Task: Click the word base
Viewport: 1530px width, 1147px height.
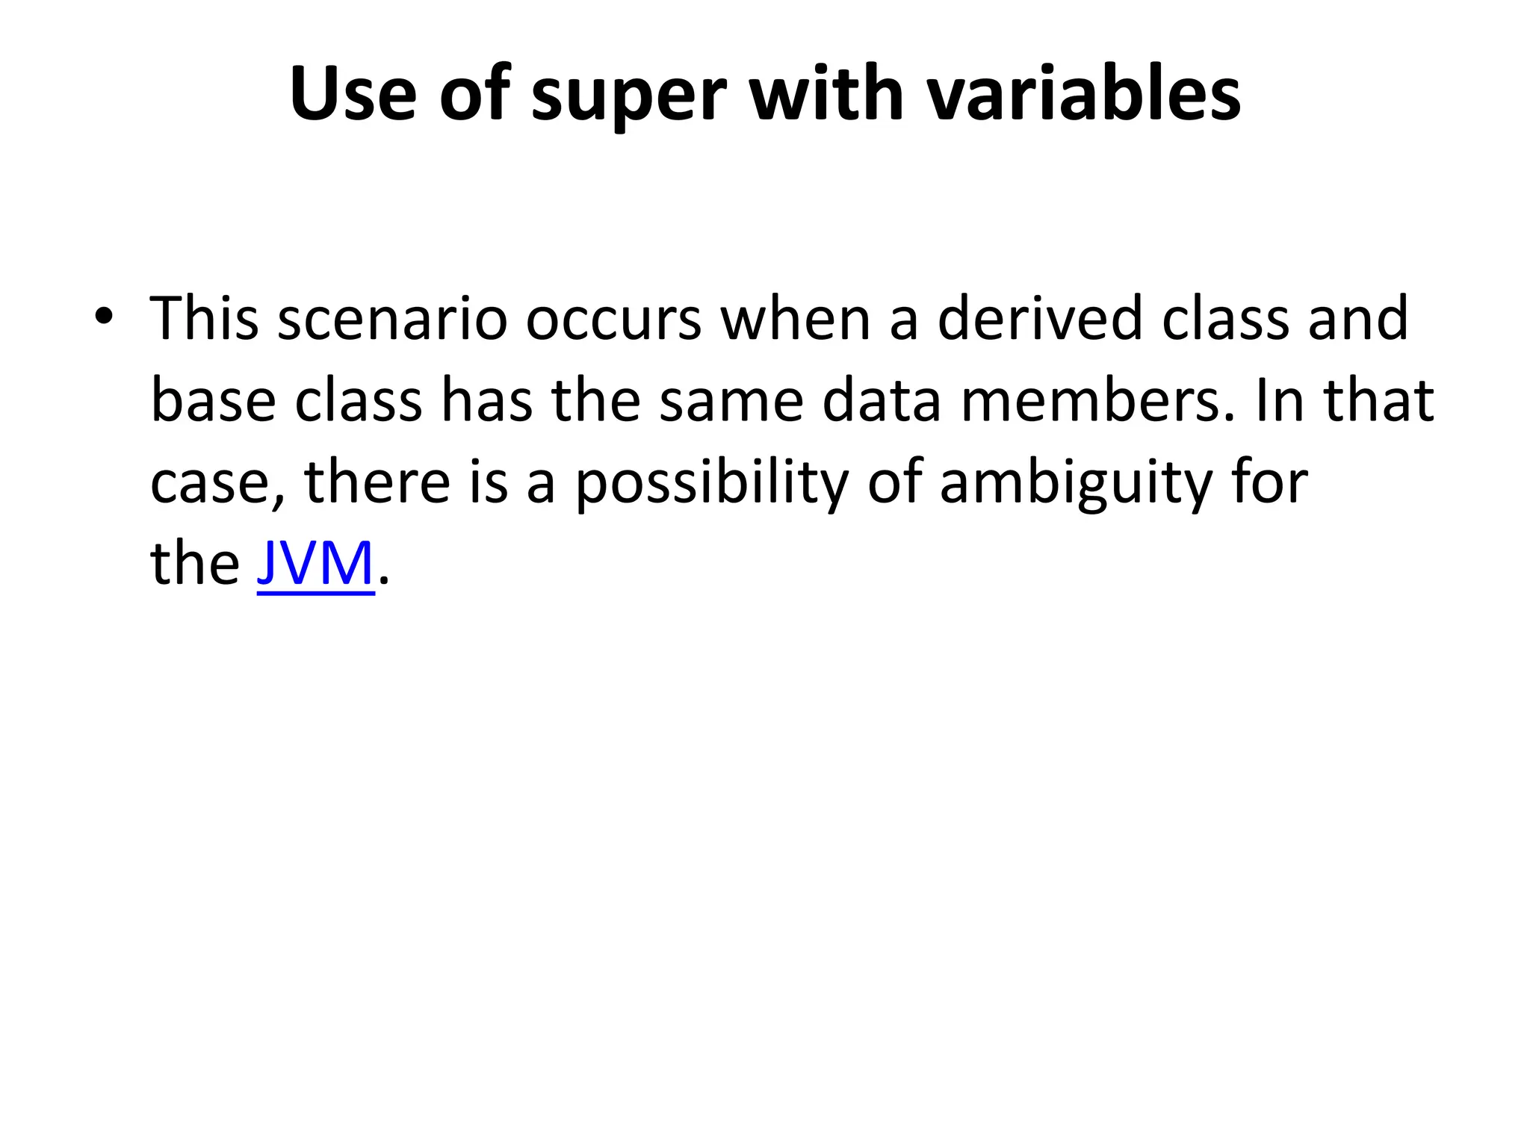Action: tap(213, 401)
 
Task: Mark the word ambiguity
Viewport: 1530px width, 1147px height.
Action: tap(1076, 484)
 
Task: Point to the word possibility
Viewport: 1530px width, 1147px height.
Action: tap(711, 484)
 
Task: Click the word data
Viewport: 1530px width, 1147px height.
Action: tap(882, 401)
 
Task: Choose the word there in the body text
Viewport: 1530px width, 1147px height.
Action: tap(377, 482)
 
